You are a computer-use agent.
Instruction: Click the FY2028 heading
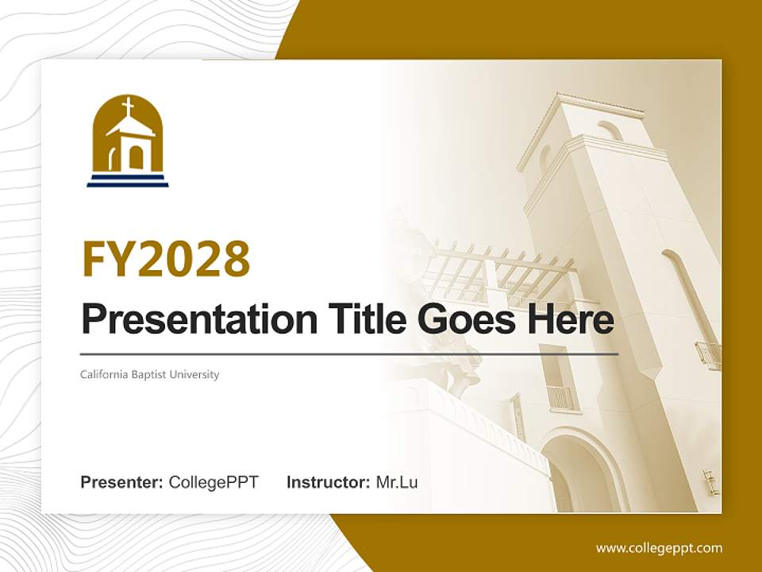(166, 259)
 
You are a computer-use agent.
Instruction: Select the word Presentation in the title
(199, 319)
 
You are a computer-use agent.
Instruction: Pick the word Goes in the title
(466, 319)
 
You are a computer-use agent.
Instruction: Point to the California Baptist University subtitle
(150, 374)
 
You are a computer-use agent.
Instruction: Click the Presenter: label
(121, 482)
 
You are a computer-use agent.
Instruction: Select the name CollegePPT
(214, 482)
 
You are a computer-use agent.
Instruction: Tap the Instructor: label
(329, 482)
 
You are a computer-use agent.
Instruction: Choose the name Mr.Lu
(397, 482)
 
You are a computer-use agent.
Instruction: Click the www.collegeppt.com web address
(659, 548)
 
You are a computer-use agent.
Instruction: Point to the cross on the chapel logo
(128, 106)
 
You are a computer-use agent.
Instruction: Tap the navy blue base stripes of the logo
(128, 180)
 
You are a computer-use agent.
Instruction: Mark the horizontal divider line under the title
(349, 354)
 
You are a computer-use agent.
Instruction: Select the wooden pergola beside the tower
(501, 272)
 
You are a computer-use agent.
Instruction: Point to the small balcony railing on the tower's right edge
(709, 356)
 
